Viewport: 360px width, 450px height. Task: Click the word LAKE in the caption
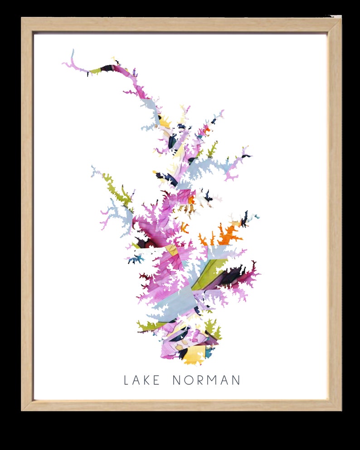142,380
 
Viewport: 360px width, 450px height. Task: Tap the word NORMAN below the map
206,380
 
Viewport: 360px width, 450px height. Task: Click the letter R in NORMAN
199,380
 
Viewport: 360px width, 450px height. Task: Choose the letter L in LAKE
126,380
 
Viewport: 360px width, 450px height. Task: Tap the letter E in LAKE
156,380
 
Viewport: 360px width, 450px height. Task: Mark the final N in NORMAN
236,380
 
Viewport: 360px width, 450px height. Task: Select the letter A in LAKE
136,380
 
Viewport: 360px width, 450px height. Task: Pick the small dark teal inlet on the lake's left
136,259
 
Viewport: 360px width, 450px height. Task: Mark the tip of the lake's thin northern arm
72,51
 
